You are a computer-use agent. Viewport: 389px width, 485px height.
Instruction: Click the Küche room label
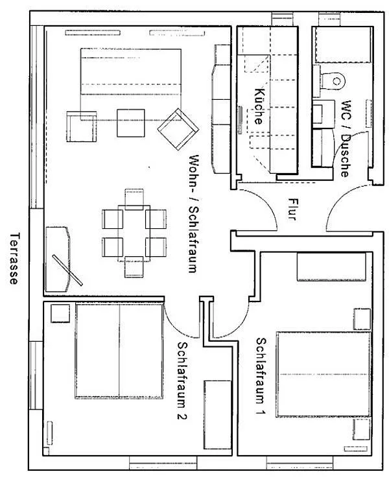click(x=260, y=106)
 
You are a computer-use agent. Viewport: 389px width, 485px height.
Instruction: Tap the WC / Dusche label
click(x=346, y=138)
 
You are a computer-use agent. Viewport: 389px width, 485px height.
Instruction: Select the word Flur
click(x=292, y=209)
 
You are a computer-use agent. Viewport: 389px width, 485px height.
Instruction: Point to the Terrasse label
click(x=14, y=258)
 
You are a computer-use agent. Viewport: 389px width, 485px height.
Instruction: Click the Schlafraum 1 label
click(x=261, y=377)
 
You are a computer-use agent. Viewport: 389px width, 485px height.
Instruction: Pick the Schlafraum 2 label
click(x=182, y=381)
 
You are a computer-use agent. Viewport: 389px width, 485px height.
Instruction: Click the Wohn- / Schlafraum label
click(x=194, y=214)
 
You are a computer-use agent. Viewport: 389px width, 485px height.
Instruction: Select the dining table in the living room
click(x=134, y=233)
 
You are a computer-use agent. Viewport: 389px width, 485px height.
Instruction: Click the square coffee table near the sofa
click(x=131, y=123)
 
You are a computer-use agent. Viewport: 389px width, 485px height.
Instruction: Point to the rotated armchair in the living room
click(x=178, y=129)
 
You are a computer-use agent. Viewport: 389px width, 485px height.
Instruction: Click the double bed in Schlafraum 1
click(x=324, y=374)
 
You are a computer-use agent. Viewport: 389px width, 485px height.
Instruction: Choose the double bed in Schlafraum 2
click(x=119, y=351)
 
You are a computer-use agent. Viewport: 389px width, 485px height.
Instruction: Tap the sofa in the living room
click(x=131, y=84)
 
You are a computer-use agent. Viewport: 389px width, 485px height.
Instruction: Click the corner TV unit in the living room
click(x=58, y=259)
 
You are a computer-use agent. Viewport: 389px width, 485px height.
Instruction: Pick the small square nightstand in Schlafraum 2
click(x=60, y=313)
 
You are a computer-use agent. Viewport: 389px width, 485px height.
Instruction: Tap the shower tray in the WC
click(x=342, y=45)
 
